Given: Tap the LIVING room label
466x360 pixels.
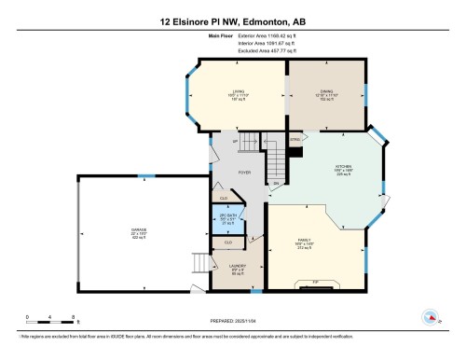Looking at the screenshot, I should tap(238, 93).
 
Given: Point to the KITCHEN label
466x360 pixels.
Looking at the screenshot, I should tap(335, 169).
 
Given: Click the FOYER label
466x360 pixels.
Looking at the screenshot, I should tap(244, 173).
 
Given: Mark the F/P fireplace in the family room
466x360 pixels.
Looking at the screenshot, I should tap(315, 281).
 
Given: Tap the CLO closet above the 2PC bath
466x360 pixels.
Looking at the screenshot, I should tap(224, 198).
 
